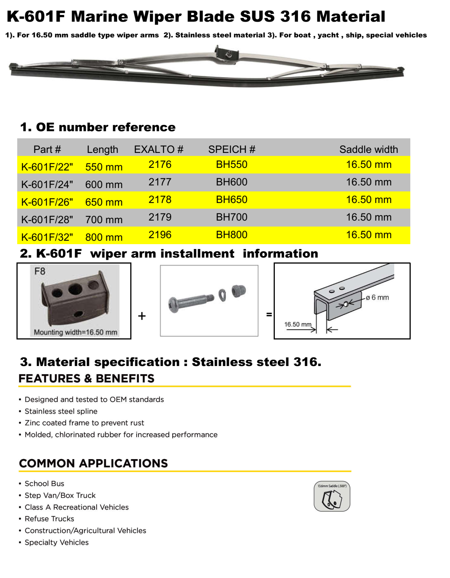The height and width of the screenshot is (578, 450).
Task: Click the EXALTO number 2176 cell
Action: [160, 165]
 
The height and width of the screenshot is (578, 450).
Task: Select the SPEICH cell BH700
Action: [231, 217]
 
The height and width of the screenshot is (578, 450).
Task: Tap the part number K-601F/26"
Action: [47, 202]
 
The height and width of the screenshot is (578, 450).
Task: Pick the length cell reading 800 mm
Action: [104, 237]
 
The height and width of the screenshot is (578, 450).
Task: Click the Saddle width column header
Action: [368, 150]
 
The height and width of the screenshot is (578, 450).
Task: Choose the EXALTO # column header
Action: [159, 150]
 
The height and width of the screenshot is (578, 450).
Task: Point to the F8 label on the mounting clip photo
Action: [40, 271]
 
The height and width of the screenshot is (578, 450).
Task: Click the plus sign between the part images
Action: [142, 316]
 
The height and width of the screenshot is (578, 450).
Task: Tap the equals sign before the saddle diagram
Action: [269, 315]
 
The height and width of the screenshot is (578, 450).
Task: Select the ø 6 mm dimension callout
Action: [377, 298]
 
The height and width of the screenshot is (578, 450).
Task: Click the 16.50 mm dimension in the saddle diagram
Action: [298, 325]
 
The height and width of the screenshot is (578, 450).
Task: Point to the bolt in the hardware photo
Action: [191, 301]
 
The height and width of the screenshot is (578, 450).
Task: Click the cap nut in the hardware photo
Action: [238, 290]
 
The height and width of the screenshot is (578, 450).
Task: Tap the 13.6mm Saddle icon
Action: [332, 496]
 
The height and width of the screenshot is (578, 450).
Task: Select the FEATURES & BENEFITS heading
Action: [86, 379]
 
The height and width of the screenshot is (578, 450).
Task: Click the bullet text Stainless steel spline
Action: [61, 411]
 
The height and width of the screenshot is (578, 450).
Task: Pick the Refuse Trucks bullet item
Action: [49, 519]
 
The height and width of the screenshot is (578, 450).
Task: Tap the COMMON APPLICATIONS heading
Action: [94, 464]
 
